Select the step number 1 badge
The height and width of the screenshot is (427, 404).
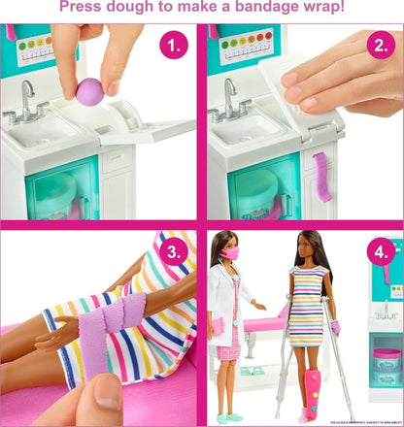(173, 46)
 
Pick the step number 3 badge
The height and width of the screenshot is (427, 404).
(172, 253)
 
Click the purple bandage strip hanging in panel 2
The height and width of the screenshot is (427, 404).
(322, 176)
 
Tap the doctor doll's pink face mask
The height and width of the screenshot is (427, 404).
(230, 254)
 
